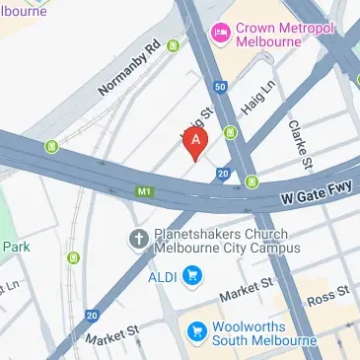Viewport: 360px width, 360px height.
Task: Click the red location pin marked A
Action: click(x=195, y=144)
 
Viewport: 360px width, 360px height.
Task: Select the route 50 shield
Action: click(x=220, y=88)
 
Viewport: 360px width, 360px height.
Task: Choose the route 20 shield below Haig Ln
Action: click(x=224, y=174)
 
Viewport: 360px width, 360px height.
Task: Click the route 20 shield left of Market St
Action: click(x=92, y=316)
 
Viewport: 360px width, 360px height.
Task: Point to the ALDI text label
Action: click(x=164, y=274)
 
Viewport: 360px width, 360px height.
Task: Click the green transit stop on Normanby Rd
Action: click(x=175, y=44)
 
